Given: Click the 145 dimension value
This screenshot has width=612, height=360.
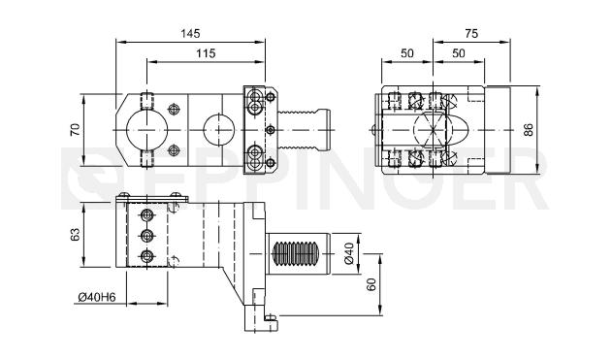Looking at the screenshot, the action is (x=190, y=34).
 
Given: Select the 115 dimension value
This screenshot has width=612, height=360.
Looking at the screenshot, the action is (x=206, y=53).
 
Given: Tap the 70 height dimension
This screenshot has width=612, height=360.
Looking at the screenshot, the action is (x=75, y=130).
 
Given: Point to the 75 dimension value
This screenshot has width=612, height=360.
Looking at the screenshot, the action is (x=471, y=34).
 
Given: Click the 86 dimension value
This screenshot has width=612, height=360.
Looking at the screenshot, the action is (x=528, y=130).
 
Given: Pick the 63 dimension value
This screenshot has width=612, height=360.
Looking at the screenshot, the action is (x=75, y=234).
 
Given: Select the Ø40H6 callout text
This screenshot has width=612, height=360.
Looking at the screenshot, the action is (x=97, y=297).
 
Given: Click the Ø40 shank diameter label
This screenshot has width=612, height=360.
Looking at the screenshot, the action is (x=348, y=253).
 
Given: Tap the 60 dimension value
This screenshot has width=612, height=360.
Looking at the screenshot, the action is (x=371, y=284).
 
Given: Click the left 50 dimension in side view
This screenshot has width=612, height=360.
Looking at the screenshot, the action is (x=407, y=53).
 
